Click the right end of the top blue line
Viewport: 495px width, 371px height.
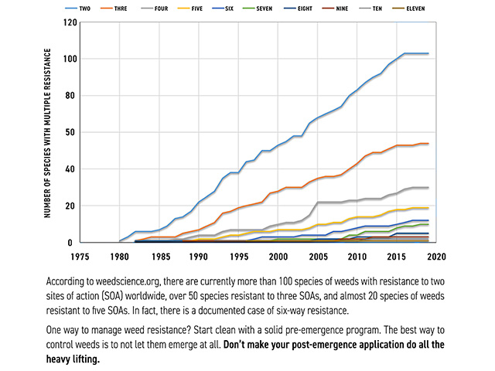pyautogui.click(x=428, y=53)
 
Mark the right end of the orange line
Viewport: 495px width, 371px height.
pyautogui.click(x=428, y=144)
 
